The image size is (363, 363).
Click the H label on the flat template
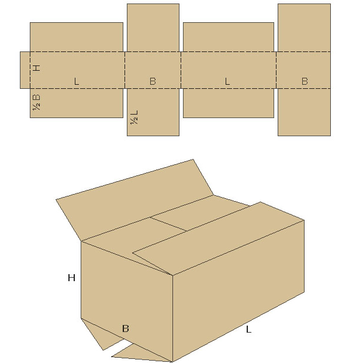[37, 68]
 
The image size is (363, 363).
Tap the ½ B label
[36, 102]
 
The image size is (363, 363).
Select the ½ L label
[134, 117]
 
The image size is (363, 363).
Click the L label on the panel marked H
[77, 81]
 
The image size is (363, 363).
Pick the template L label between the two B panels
[227, 81]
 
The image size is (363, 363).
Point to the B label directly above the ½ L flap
[153, 81]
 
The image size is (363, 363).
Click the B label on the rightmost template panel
[305, 81]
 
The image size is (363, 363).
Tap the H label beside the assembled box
[71, 278]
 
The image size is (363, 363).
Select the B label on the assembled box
[126, 329]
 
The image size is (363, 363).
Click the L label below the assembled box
[248, 329]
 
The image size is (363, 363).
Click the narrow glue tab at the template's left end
[25, 70]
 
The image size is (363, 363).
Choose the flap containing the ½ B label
[77, 103]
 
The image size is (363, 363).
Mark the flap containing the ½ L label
[153, 112]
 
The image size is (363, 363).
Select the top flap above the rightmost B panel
[304, 27]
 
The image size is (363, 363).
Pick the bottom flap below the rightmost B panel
[304, 112]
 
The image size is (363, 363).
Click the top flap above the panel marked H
[77, 37]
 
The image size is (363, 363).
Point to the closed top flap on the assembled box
[217, 238]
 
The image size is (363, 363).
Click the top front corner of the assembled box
[172, 275]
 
